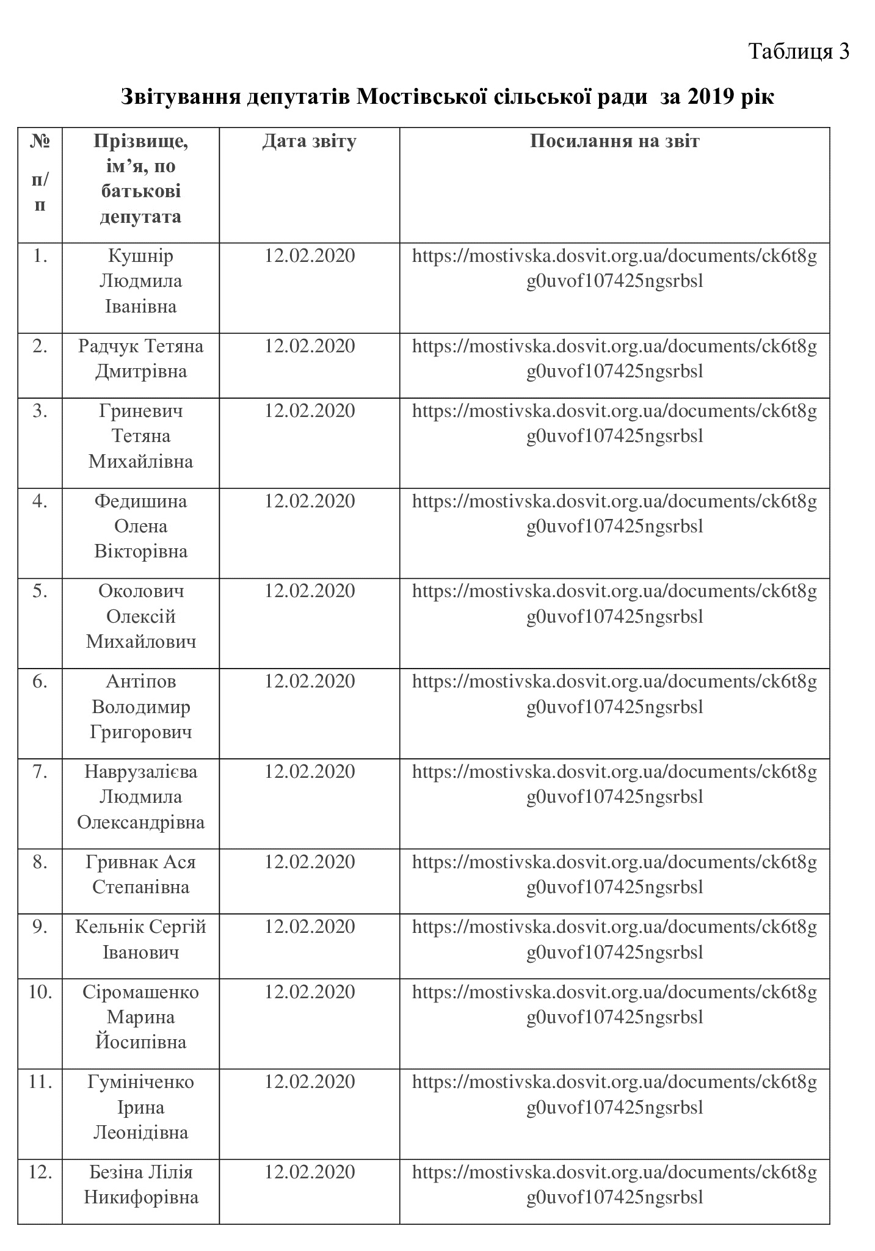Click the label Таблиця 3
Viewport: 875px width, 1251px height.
click(x=798, y=51)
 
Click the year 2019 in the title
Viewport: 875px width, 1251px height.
click(x=710, y=97)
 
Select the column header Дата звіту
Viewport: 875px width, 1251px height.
click(x=309, y=142)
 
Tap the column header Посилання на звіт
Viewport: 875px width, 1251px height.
click(x=614, y=142)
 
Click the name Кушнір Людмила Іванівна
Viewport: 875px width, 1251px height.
click(x=140, y=281)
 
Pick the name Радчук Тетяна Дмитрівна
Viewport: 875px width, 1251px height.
click(x=140, y=359)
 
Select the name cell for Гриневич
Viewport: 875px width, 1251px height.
click(x=140, y=436)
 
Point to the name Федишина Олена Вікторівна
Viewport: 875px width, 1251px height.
click(x=140, y=526)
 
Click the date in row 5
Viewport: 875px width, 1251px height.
click(x=309, y=591)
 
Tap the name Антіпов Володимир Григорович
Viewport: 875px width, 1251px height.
click(x=140, y=706)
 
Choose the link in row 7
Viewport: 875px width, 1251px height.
click(x=614, y=784)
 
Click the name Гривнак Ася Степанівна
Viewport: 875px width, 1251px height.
click(x=140, y=874)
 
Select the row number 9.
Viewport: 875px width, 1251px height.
click(x=40, y=927)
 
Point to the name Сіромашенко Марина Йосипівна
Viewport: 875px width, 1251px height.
click(x=140, y=1017)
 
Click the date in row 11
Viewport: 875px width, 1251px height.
click(x=309, y=1082)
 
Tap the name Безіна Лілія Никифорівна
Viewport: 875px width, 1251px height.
click(x=140, y=1184)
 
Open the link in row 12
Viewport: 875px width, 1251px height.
click(x=614, y=1184)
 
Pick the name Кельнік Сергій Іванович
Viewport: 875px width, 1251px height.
click(x=140, y=939)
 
